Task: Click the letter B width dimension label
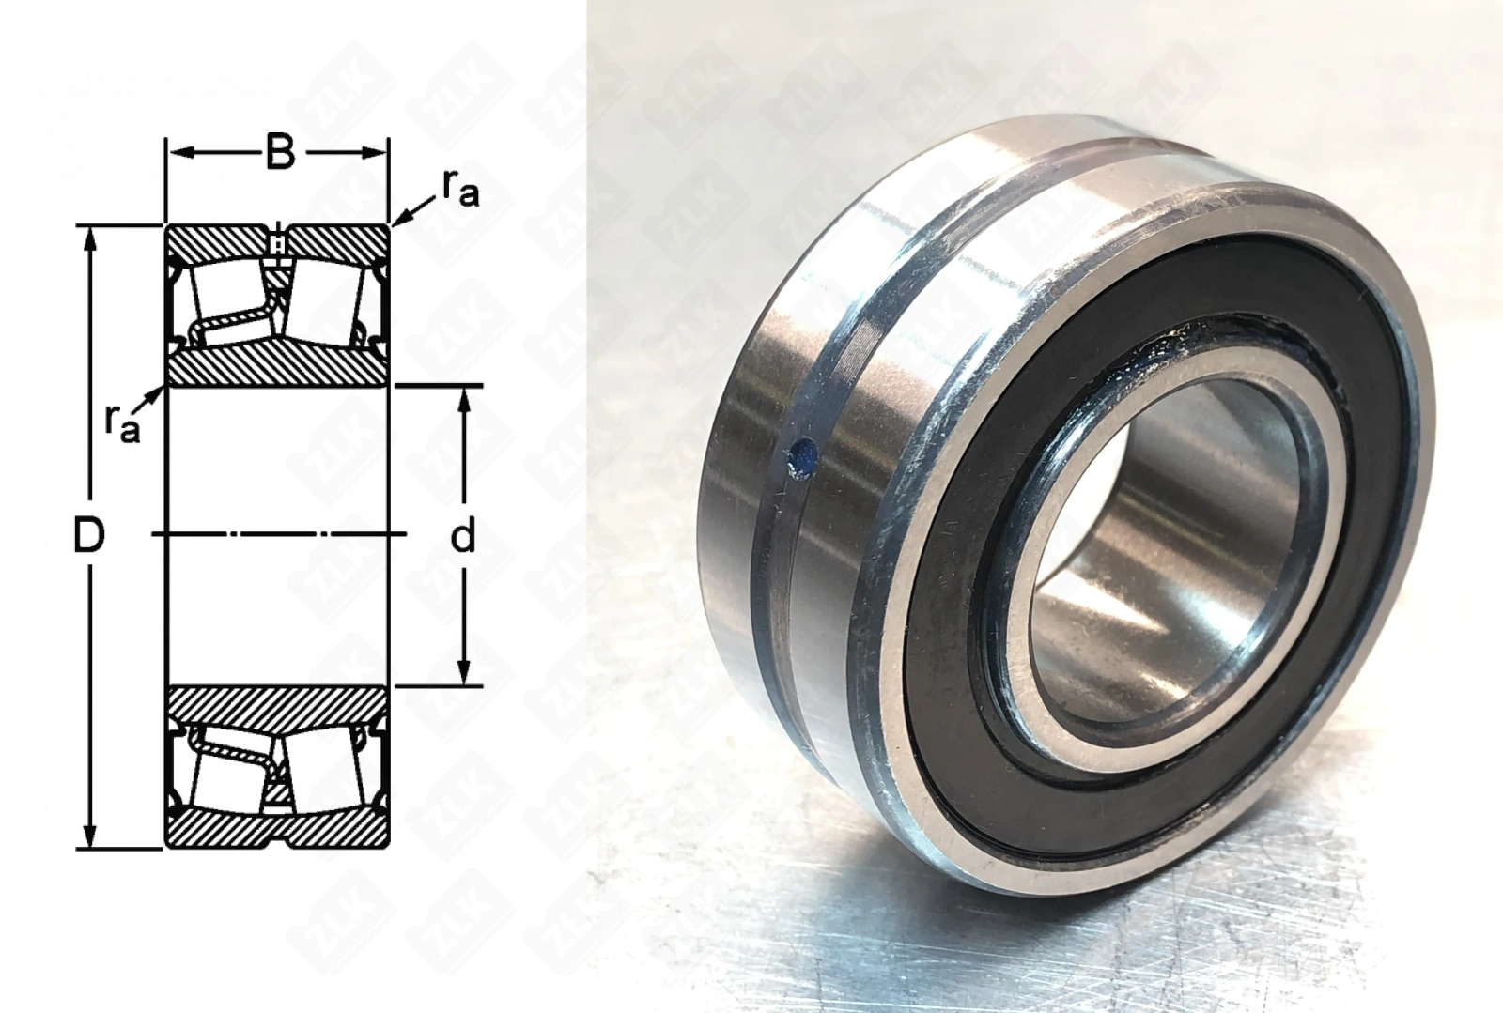(x=280, y=153)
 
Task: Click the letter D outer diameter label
(x=88, y=537)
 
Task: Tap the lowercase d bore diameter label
(x=462, y=537)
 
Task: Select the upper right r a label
(x=460, y=188)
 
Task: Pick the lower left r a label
(x=123, y=424)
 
